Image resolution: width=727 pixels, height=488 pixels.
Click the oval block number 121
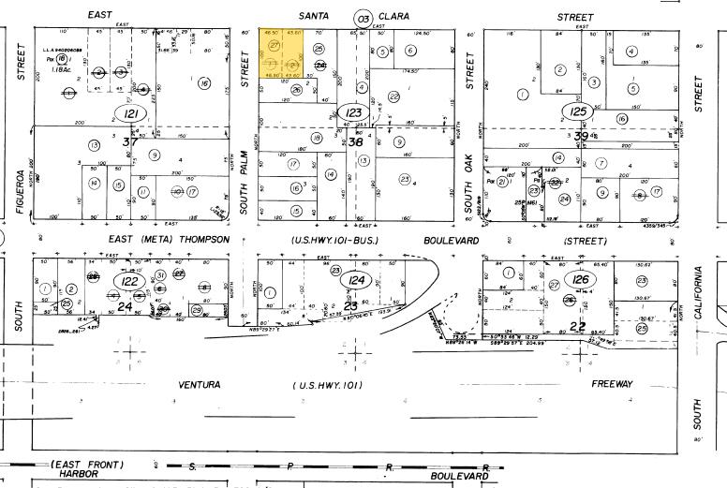pyautogui.click(x=129, y=113)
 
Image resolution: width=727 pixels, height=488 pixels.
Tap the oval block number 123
pyautogui.click(x=350, y=113)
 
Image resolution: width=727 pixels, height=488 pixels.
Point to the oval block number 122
pyautogui.click(x=126, y=281)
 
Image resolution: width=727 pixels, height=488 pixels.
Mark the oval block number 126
pyautogui.click(x=581, y=280)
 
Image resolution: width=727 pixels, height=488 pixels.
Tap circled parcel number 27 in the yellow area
pyautogui.click(x=274, y=46)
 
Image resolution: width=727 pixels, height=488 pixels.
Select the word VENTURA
pyautogui.click(x=200, y=385)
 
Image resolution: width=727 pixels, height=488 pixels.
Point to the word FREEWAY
pyautogui.click(x=612, y=384)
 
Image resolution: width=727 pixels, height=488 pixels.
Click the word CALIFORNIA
pyautogui.click(x=697, y=298)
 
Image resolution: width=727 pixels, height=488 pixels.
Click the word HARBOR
pyautogui.click(x=82, y=476)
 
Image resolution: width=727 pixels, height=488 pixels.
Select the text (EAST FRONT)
pyautogui.click(x=88, y=465)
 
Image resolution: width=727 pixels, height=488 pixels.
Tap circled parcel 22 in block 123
pyautogui.click(x=394, y=96)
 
